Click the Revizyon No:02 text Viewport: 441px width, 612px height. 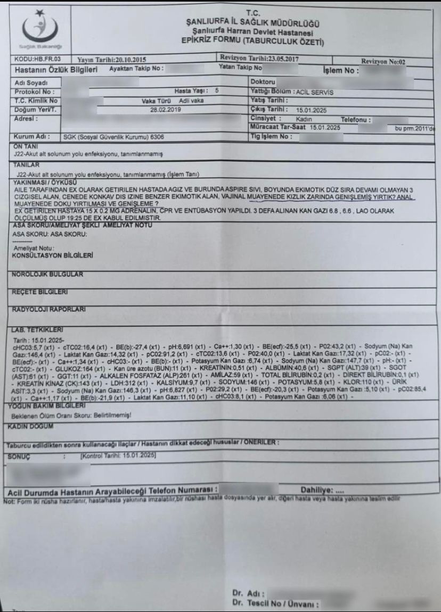[383, 62]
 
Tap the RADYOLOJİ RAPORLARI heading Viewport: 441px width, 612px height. [50, 309]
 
